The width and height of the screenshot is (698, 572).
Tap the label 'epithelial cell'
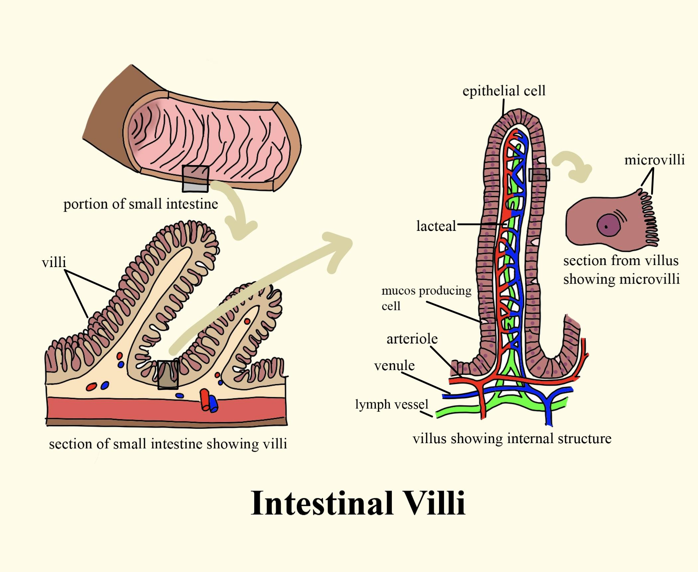[504, 91]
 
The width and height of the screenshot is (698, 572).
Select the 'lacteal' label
[436, 226]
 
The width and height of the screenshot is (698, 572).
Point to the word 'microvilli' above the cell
[654, 160]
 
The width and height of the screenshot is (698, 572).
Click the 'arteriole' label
[412, 339]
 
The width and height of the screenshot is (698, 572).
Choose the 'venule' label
[394, 366]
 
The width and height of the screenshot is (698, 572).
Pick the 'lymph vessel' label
[392, 404]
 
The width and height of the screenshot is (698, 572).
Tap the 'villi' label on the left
[54, 262]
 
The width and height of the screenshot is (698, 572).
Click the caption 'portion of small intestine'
[141, 204]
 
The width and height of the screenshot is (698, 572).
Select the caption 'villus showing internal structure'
[512, 438]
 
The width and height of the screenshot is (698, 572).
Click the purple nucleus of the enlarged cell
[609, 225]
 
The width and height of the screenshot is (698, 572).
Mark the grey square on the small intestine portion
[195, 179]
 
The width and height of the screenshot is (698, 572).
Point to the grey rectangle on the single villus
[539, 174]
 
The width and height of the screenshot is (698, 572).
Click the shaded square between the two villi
[168, 374]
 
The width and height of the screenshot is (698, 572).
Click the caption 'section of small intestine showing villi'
[168, 444]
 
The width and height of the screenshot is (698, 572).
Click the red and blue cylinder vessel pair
[209, 401]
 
